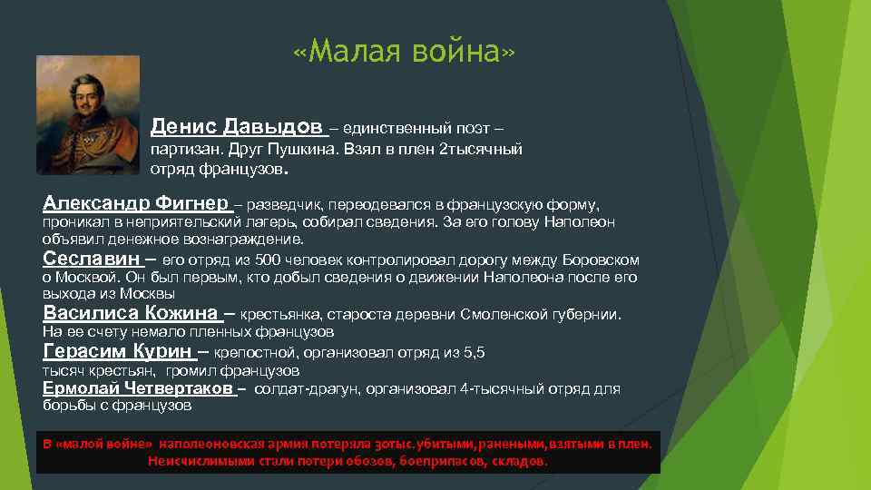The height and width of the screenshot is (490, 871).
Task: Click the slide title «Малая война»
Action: click(x=405, y=54)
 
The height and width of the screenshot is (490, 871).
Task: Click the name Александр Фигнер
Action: click(x=135, y=203)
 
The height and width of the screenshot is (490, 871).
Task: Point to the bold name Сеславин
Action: click(x=92, y=259)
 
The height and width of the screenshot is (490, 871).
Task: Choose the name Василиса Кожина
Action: click(x=131, y=314)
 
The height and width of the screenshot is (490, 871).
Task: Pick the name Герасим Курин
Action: click(x=117, y=352)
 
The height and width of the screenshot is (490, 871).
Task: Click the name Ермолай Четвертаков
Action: click(x=139, y=389)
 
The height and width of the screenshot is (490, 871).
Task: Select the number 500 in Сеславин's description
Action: click(x=275, y=260)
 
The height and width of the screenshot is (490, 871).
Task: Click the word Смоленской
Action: click(x=498, y=315)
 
